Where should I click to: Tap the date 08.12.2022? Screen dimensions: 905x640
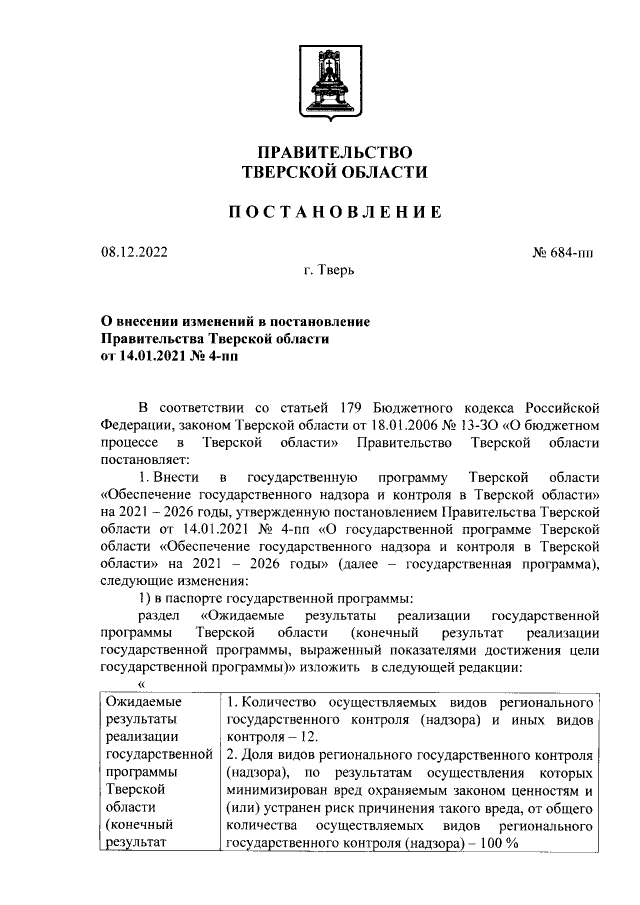coord(135,252)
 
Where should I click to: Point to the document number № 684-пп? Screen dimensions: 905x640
coord(563,252)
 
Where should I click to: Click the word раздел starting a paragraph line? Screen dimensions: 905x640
coord(158,617)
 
